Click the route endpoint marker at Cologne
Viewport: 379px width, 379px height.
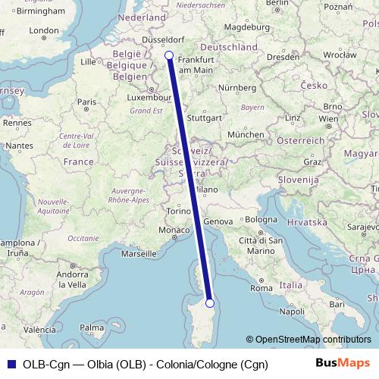click(168, 55)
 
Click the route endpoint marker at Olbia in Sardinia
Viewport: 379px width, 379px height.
click(211, 303)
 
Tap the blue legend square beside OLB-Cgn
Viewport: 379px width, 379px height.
click(9, 365)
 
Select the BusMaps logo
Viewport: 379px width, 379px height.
click(343, 364)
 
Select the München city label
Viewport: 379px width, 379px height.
click(243, 134)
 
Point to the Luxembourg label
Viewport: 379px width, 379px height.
click(148, 97)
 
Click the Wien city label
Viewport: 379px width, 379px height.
click(328, 119)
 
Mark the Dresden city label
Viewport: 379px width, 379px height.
click(283, 56)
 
